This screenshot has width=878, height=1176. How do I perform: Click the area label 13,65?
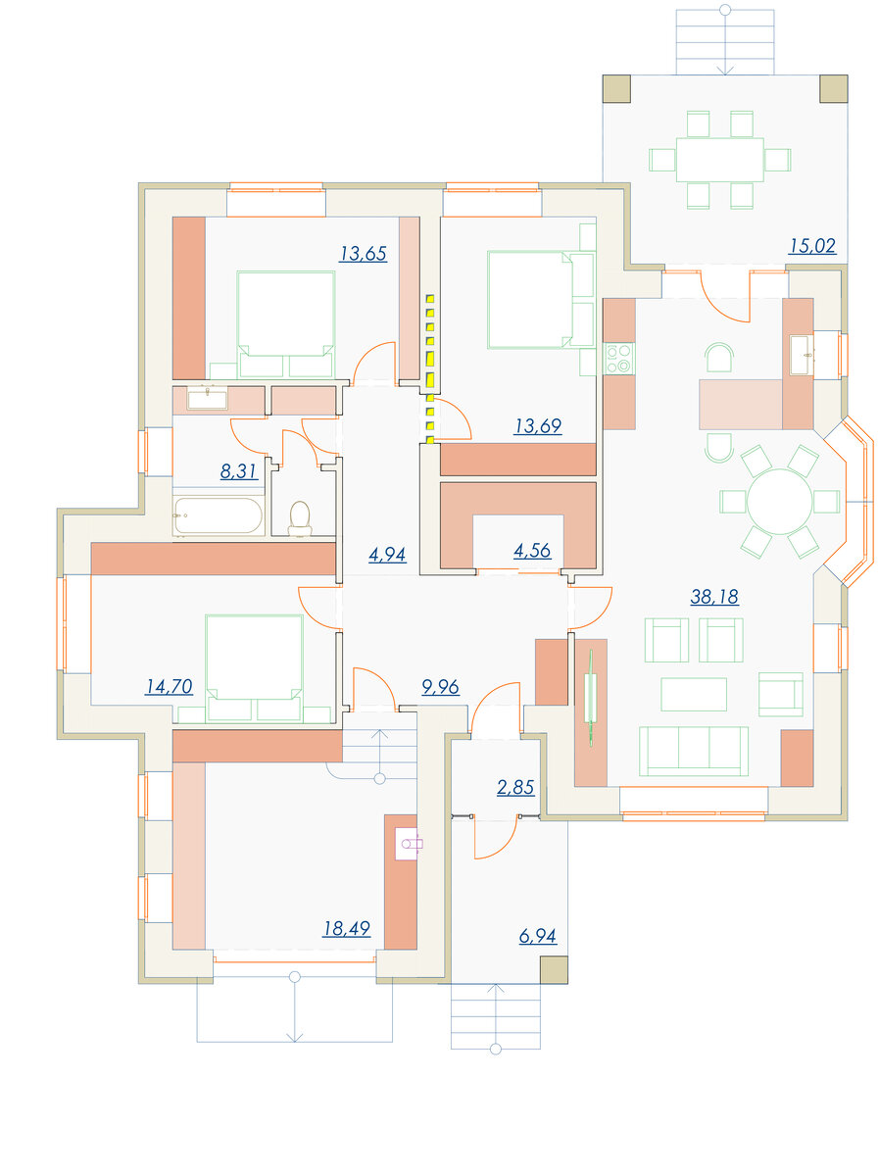tap(363, 254)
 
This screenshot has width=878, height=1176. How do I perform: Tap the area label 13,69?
tap(538, 426)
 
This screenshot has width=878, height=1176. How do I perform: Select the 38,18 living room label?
tap(714, 596)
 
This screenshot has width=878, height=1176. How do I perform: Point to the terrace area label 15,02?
tap(812, 245)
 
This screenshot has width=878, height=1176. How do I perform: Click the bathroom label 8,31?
tap(239, 471)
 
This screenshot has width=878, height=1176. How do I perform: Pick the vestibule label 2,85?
tap(515, 787)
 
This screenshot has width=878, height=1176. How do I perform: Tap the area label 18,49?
tap(346, 928)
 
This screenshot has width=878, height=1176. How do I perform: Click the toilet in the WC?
tap(300, 518)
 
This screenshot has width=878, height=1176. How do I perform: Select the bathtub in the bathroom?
tap(218, 515)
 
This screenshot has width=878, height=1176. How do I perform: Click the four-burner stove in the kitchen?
tap(618, 359)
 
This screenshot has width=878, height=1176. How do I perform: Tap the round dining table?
tap(779, 502)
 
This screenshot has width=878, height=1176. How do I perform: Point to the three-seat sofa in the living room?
tap(694, 751)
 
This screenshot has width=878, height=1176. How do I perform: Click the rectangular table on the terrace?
tap(720, 160)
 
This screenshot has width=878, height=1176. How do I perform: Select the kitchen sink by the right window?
tap(799, 355)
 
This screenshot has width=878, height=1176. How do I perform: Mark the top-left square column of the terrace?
tap(616, 88)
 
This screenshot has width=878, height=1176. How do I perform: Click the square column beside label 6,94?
tap(554, 970)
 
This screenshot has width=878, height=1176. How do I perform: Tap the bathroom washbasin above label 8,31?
tap(208, 400)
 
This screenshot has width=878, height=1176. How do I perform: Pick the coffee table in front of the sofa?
tap(694, 695)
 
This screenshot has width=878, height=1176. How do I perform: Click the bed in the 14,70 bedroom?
tap(254, 667)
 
